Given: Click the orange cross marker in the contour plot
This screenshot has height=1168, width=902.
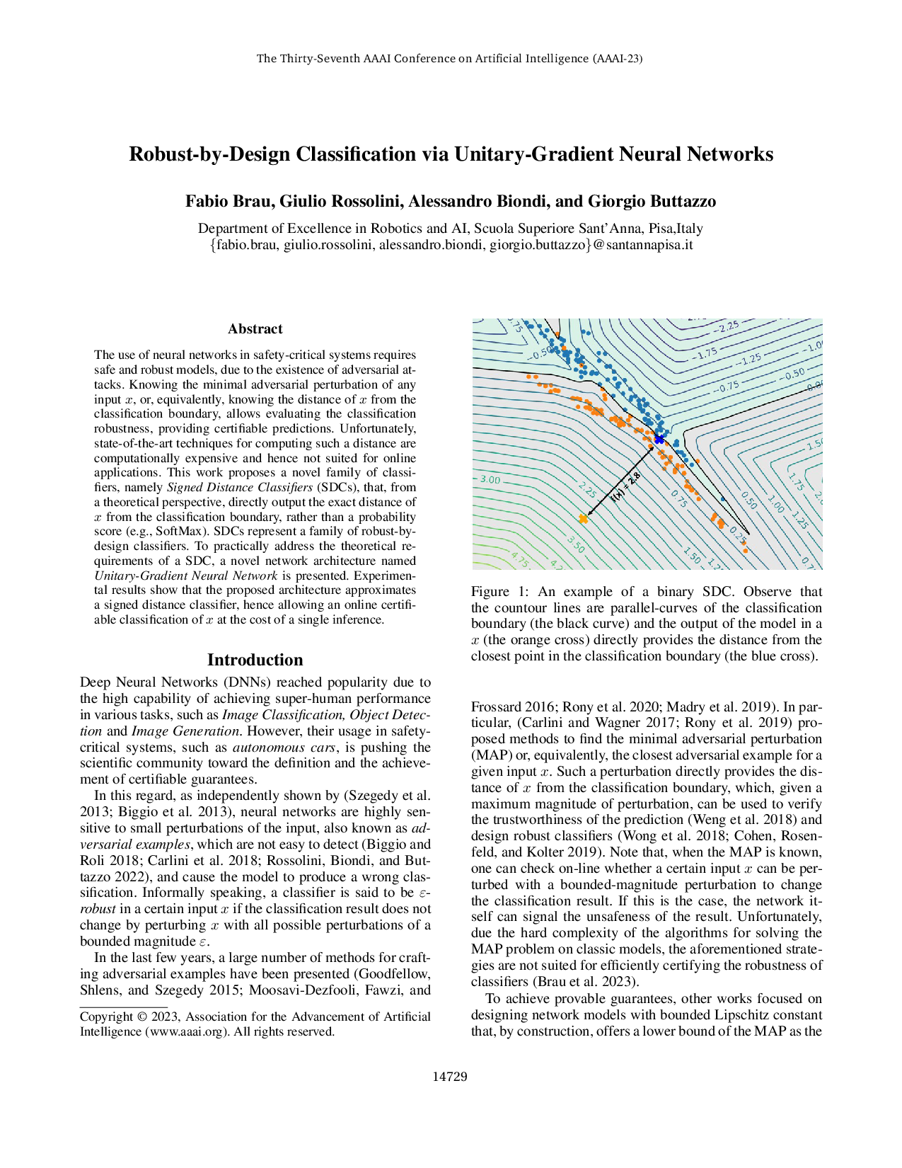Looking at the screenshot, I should (583, 519).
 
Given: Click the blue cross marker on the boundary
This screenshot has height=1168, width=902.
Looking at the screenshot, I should (659, 440).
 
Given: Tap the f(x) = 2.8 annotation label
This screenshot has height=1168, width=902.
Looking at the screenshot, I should (625, 488).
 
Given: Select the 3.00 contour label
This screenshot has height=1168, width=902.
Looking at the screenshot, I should (490, 480).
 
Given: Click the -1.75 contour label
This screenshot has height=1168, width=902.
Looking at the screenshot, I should (704, 353).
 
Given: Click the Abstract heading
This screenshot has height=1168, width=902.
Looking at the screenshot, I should (255, 329).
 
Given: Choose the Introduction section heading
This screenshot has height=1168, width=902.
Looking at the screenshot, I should (255, 660).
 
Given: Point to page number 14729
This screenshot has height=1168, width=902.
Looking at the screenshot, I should (450, 1077).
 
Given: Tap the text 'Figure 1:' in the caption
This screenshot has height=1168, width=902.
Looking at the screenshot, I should (499, 592).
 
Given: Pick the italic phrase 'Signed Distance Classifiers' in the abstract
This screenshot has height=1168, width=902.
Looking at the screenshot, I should (239, 487).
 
